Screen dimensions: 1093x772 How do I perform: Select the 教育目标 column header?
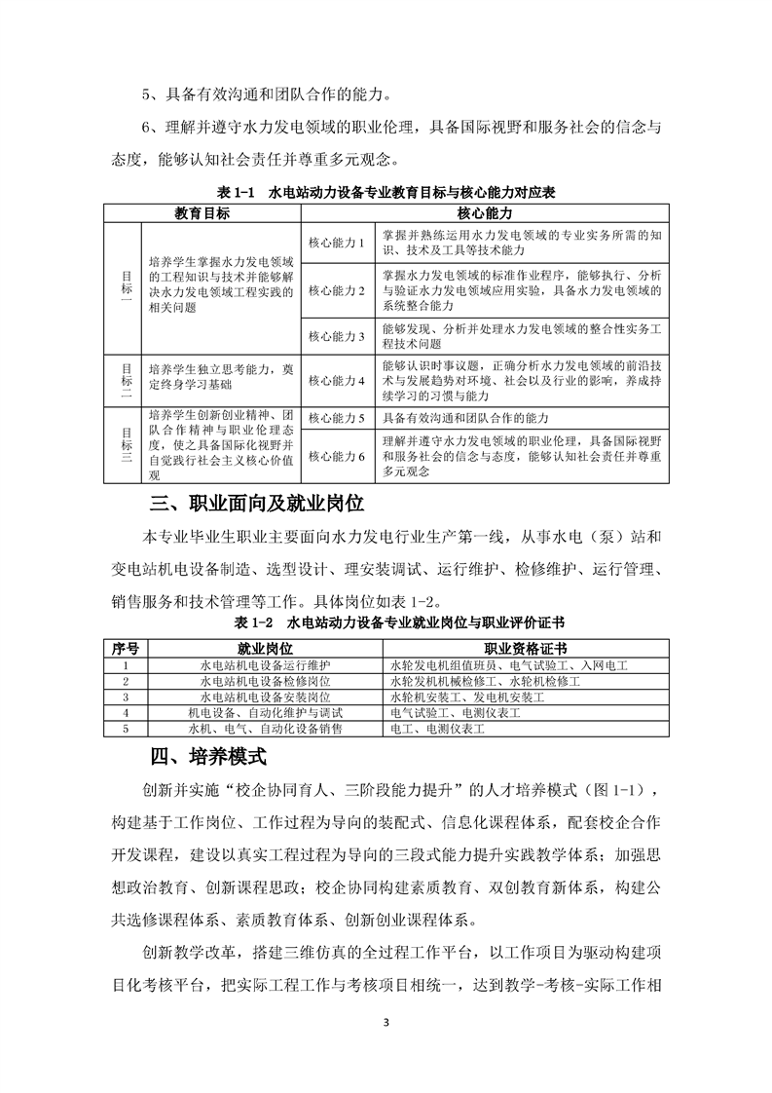click(x=202, y=211)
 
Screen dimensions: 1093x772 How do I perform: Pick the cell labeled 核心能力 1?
click(x=335, y=242)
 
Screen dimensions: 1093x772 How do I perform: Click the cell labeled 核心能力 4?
click(x=335, y=381)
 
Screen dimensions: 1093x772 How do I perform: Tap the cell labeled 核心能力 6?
click(x=335, y=456)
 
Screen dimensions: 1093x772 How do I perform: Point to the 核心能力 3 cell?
click(x=335, y=336)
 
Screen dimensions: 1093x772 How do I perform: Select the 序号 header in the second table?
click(x=127, y=647)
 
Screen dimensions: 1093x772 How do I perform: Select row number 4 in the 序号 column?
click(x=127, y=713)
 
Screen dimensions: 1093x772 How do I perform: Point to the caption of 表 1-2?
click(x=386, y=622)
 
